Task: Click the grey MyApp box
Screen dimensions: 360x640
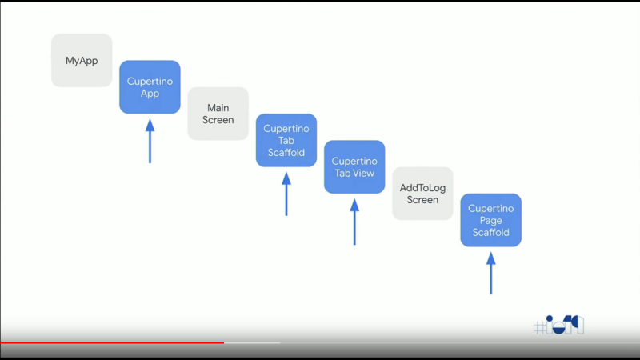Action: (x=82, y=60)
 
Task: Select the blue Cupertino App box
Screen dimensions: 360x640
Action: (x=150, y=87)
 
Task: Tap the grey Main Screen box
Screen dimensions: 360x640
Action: (x=218, y=114)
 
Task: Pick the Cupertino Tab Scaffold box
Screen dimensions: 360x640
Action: (x=286, y=140)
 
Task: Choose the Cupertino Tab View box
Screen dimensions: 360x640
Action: (x=354, y=167)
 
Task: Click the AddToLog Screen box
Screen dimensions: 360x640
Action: (x=422, y=194)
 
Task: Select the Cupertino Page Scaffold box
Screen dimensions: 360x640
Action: (x=490, y=220)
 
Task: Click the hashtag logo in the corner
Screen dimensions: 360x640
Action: (x=559, y=326)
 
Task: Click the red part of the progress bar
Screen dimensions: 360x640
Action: (x=112, y=342)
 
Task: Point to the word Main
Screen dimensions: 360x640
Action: (x=218, y=107)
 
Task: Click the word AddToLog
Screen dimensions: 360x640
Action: (x=422, y=188)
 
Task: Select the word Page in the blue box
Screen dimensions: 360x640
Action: (x=490, y=220)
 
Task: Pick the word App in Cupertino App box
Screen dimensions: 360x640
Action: (x=150, y=94)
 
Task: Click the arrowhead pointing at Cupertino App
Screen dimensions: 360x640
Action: (x=150, y=125)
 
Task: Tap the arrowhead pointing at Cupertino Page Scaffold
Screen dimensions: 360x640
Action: (x=490, y=258)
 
